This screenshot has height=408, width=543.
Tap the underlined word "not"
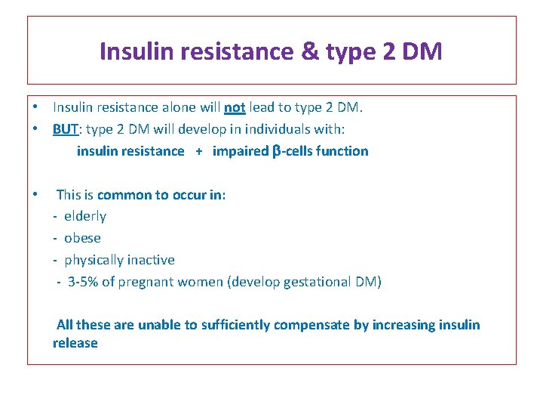(x=235, y=107)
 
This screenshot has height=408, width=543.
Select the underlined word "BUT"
(x=67, y=128)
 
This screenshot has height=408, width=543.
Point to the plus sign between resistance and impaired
(x=199, y=151)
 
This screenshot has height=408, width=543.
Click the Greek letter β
(x=275, y=151)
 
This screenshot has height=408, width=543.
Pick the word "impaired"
(x=240, y=151)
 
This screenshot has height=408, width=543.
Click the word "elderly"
(x=85, y=217)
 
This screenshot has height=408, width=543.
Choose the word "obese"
(x=82, y=238)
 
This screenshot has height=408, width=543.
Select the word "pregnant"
(x=147, y=282)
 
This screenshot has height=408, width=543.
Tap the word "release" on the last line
(x=75, y=343)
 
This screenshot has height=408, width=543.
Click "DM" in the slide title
(x=423, y=52)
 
